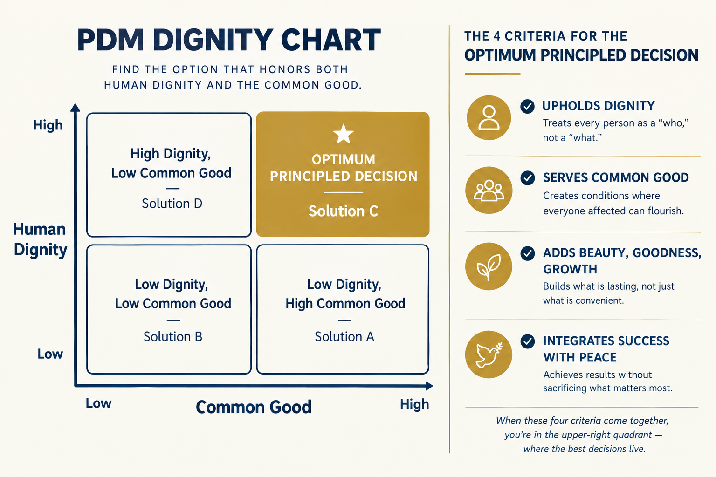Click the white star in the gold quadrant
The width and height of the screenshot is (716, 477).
point(343,134)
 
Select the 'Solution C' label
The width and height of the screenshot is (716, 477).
point(343,211)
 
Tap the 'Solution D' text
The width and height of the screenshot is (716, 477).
point(172,204)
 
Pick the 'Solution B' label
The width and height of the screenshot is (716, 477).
point(173,336)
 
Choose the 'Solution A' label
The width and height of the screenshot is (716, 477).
point(344,336)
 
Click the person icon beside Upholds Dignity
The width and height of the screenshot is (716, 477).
point(489,117)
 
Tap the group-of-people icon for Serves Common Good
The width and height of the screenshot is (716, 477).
point(489,191)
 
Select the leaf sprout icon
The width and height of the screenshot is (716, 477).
point(489,266)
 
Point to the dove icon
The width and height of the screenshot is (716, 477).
point(489,354)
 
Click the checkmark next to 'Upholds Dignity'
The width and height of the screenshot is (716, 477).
point(527,106)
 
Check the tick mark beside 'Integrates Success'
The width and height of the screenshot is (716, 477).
point(527,341)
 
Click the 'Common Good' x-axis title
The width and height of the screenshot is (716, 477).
point(254,407)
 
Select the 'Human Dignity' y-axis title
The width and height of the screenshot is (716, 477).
point(40,239)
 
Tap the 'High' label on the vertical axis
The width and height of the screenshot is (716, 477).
point(48,125)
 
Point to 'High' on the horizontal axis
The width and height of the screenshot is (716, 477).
point(414,404)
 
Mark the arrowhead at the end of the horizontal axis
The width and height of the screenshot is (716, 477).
point(429,386)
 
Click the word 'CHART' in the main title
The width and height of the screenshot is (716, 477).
point(331,40)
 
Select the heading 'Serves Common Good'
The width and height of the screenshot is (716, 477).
point(616,177)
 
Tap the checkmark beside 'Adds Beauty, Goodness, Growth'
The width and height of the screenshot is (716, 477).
point(527,254)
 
